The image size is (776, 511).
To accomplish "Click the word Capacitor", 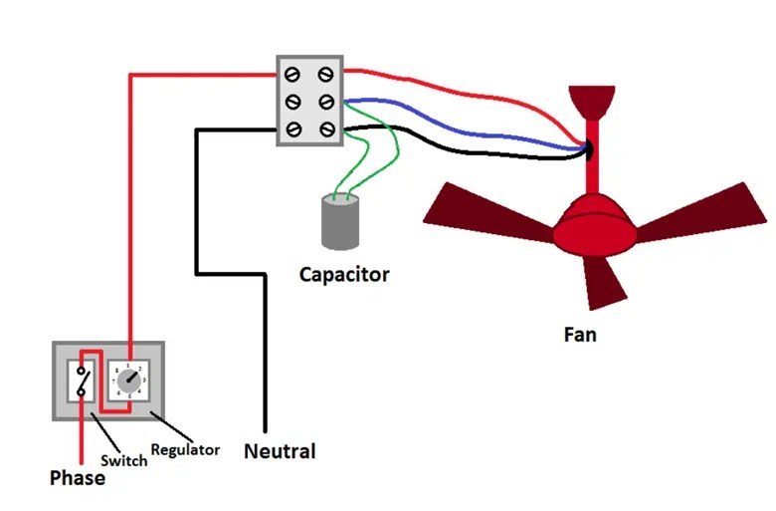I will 344,274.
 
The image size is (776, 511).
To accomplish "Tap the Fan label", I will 580,334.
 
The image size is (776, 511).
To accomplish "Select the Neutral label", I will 280,451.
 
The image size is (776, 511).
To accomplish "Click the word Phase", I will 78,478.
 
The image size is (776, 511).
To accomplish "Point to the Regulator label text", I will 185,449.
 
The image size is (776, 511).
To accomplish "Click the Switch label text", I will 124,460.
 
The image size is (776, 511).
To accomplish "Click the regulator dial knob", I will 130,381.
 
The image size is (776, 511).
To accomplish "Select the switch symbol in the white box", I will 82,381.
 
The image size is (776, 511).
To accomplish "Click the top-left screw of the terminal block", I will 294,75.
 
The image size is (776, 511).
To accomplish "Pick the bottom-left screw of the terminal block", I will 294,128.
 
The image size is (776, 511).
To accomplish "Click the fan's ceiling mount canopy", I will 593,100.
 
